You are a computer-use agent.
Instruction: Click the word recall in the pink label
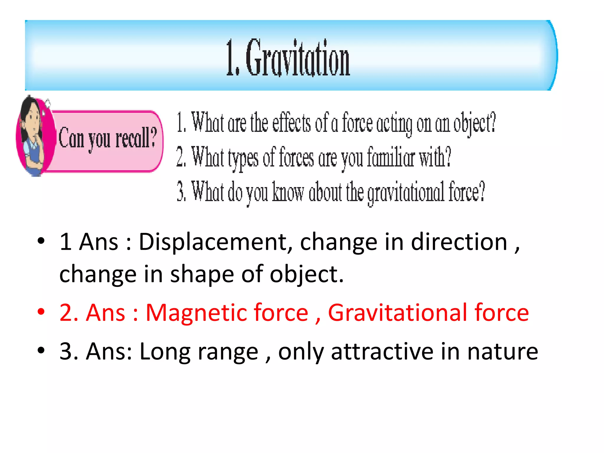tap(132, 138)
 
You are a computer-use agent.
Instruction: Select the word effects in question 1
tap(291, 123)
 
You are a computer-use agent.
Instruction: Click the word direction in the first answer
tap(459, 242)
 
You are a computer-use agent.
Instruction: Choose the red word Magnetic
tap(227, 313)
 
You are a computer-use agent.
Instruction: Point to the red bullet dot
tap(41, 311)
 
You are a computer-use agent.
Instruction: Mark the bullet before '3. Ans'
tap(41, 350)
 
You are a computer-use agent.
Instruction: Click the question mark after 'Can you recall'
tap(153, 137)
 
